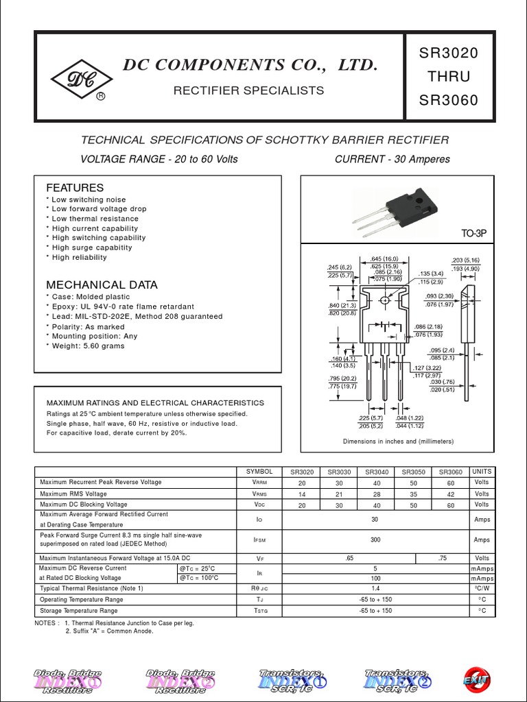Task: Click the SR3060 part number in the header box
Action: click(x=449, y=100)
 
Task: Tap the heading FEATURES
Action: click(x=75, y=188)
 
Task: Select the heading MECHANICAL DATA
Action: click(x=102, y=285)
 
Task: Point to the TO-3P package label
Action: click(x=473, y=234)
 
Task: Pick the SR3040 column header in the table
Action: click(x=377, y=472)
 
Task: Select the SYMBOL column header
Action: click(x=259, y=472)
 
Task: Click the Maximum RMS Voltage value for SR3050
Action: click(x=414, y=494)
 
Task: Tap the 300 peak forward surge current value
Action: click(x=375, y=540)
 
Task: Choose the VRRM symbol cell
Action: click(x=259, y=483)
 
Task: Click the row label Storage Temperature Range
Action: click(x=79, y=610)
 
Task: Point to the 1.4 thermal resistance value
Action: click(x=375, y=588)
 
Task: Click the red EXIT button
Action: click(x=477, y=679)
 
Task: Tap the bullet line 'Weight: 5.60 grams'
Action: click(x=88, y=346)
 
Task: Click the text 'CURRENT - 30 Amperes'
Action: click(x=392, y=159)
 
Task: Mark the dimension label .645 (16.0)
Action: click(x=384, y=258)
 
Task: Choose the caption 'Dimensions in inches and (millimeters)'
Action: click(x=398, y=441)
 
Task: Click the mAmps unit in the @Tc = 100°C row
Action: click(x=482, y=578)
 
